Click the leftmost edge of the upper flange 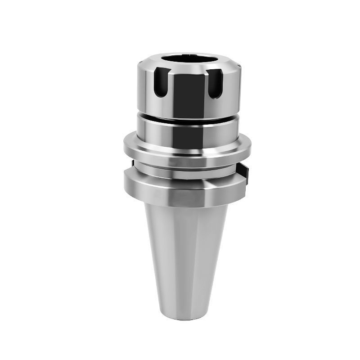[125, 146]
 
